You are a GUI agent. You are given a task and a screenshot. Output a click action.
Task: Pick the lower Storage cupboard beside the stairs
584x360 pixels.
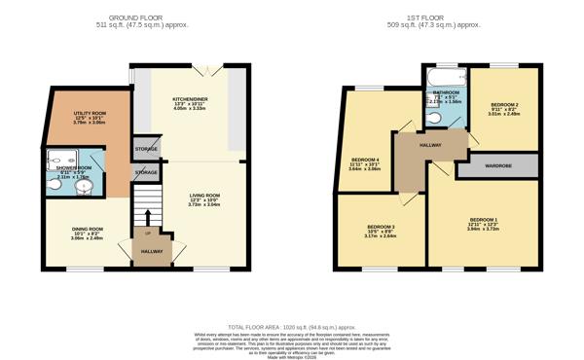click(x=146, y=172)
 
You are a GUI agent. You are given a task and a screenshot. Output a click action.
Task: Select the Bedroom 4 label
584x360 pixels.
click(x=365, y=164)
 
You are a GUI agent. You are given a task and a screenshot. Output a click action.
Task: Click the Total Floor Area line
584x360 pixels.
click(x=291, y=324)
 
